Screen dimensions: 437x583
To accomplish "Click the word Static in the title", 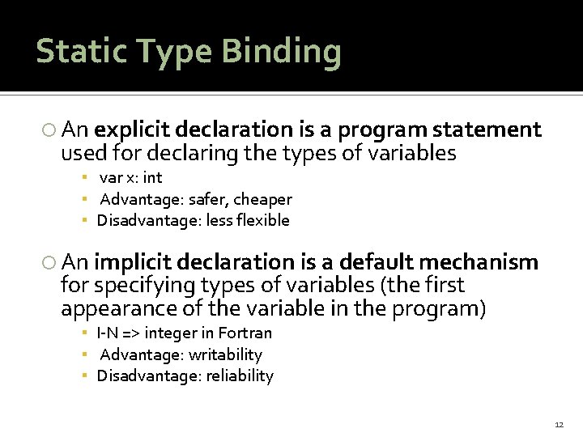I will [x=80, y=51].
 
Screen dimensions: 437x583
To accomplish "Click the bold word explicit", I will [x=130, y=129].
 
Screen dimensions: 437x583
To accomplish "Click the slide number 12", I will [x=559, y=424].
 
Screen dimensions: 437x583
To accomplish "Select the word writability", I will [x=224, y=354].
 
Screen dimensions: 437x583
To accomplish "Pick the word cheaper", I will [x=262, y=199].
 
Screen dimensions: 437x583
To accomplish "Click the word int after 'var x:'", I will [x=151, y=177].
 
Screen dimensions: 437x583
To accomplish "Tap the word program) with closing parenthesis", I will [x=438, y=309].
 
